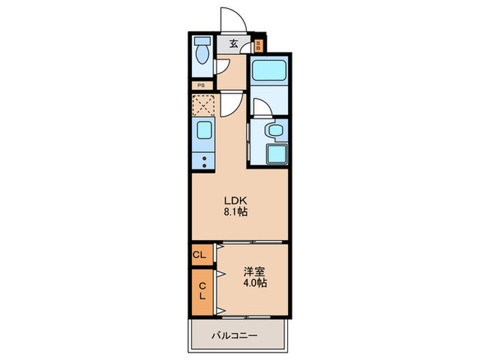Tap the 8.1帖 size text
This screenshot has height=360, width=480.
tap(235, 212)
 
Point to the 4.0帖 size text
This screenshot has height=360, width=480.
tap(254, 283)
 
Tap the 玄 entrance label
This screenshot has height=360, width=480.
tap(234, 44)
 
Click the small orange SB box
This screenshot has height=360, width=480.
tap(259, 46)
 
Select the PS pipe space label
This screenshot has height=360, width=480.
tap(201, 86)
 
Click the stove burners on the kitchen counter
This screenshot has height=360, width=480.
tap(204, 160)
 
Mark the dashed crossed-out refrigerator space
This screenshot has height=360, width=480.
tap(204, 105)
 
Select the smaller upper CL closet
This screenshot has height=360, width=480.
tap(200, 255)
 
